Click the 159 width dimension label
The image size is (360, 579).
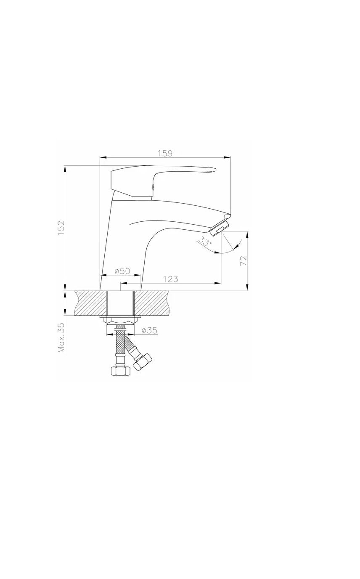coord(165,153)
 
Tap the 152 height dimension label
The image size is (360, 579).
coord(61,228)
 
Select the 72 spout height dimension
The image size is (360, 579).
coord(244,260)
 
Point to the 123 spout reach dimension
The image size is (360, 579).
coord(171,279)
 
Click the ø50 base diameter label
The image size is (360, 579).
coord(122,271)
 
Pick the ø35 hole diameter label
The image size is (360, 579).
coord(149,330)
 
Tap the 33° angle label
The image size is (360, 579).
coord(205,242)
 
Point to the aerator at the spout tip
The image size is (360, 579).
coord(220,228)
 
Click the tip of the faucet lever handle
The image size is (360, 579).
coord(214,169)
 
